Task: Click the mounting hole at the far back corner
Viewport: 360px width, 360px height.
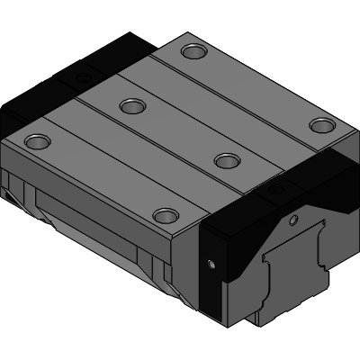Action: (192, 50)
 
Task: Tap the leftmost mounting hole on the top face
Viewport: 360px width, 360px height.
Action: (37, 140)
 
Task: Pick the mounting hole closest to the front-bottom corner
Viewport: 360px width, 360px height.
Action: (165, 215)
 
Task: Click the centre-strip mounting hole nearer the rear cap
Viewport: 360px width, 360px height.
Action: (132, 107)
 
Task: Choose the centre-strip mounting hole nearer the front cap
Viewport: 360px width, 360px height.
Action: (225, 160)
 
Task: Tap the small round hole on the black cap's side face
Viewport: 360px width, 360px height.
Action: (211, 265)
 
